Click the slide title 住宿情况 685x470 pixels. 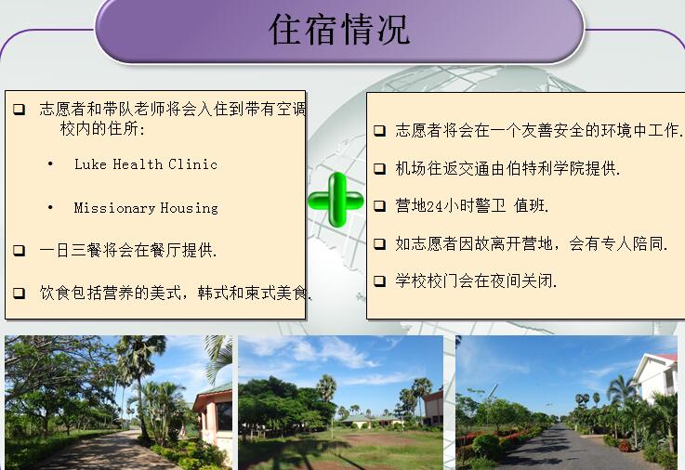coord(339,29)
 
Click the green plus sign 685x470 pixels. coord(336,200)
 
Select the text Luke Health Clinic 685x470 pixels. coord(146,164)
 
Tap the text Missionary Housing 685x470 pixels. coord(146,208)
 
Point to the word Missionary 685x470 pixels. coord(114,208)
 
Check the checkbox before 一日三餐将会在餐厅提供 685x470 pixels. coord(20,251)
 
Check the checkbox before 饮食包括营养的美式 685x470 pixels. coord(20,293)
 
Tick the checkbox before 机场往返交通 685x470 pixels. coord(379,169)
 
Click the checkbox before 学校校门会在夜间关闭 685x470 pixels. coord(379,281)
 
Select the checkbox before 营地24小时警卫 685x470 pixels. coord(379,205)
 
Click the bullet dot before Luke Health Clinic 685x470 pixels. coord(50,164)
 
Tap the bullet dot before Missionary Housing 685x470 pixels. coord(50,207)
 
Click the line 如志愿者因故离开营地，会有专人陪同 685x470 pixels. coord(532,243)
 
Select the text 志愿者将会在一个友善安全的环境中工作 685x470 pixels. coord(539,130)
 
